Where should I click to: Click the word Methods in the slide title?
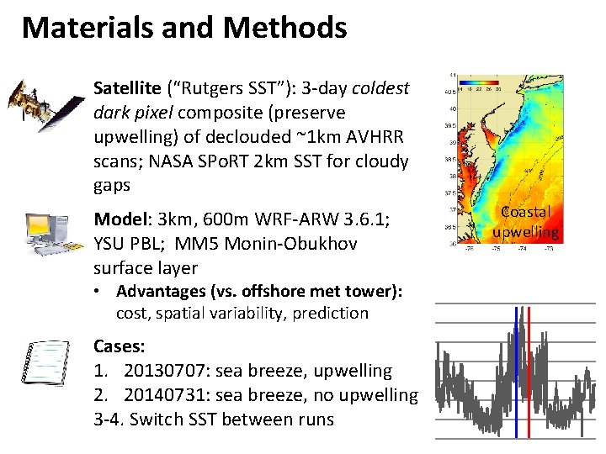pos(285,28)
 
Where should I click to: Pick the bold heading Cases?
pos(119,346)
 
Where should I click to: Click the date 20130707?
pos(165,371)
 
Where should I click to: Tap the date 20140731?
pos(165,395)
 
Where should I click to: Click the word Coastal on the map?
pos(526,213)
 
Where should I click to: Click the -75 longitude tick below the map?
pos(495,250)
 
